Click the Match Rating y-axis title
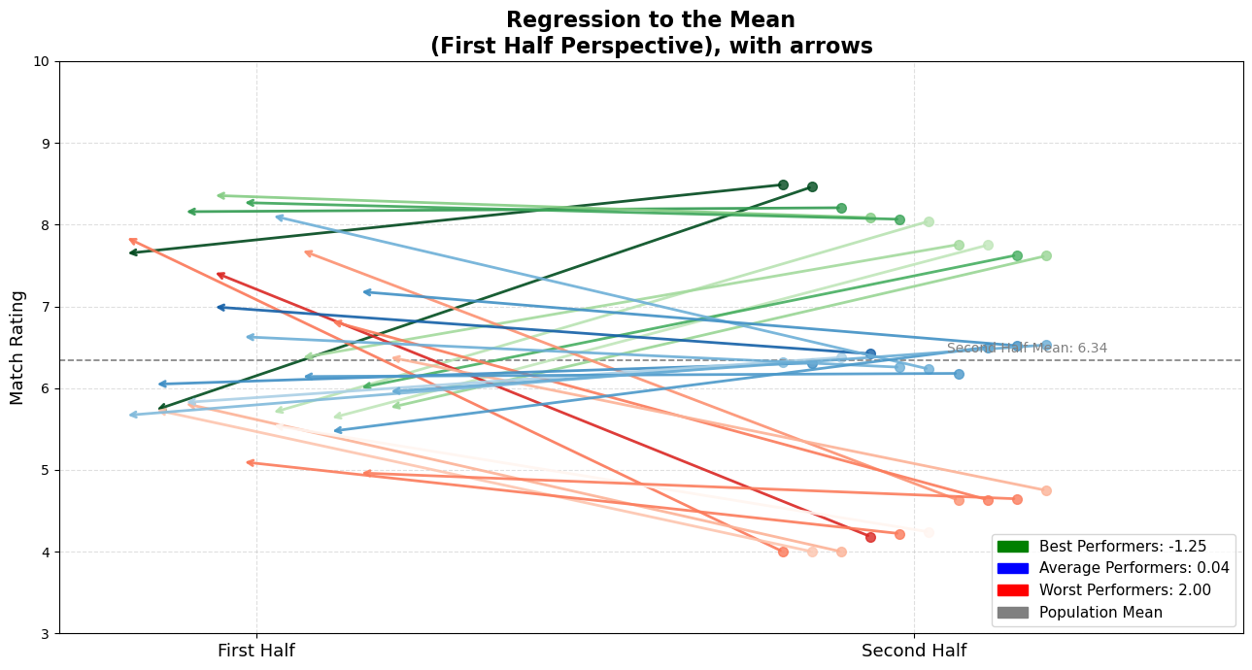coord(17,347)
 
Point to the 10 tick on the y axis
coord(41,62)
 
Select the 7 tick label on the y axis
coord(45,307)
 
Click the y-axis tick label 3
coord(45,634)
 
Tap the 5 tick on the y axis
coord(45,471)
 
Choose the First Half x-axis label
coord(256,651)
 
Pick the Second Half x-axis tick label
coord(914,651)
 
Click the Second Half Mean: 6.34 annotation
coord(1027,349)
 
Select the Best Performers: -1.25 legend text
coord(1122,547)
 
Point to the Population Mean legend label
coord(1100,613)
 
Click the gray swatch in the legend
coord(1012,613)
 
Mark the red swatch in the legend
coord(1012,590)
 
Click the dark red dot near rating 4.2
coord(870,537)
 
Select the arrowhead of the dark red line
coord(220,276)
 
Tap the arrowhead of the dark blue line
coord(220,307)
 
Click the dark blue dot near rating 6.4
coord(870,354)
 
